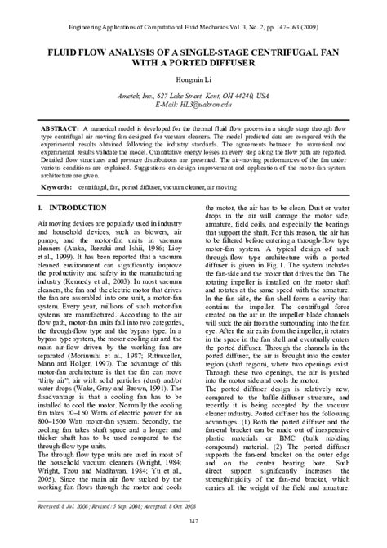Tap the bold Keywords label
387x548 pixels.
coord(64,187)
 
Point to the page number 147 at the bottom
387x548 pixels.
coord(193,522)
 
